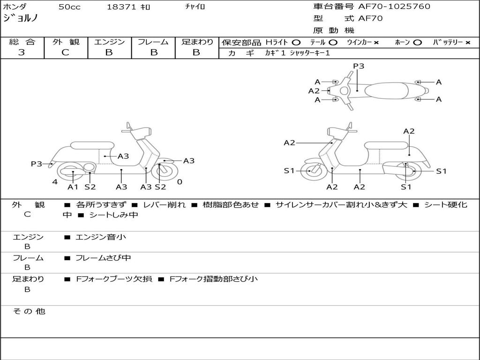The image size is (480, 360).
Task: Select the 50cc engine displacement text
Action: point(69,7)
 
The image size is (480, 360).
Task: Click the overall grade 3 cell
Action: point(22,52)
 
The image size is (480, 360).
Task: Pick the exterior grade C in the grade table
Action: point(65,52)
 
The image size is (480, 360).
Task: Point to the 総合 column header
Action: point(22,42)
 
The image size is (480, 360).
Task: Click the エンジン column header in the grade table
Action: point(109,42)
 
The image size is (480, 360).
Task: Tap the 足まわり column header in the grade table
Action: point(197,42)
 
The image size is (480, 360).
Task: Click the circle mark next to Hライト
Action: point(296,43)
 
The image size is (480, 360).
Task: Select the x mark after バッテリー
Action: point(468,43)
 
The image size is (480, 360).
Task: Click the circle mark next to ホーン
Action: point(417,43)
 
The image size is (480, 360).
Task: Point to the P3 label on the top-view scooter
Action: point(359,66)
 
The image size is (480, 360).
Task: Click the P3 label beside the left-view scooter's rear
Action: point(37,164)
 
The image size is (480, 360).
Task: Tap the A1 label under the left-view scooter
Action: point(73,187)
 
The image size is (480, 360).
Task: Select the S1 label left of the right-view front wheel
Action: point(289,171)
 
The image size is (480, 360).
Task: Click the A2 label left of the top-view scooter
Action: point(314,91)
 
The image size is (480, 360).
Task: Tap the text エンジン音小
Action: point(101,237)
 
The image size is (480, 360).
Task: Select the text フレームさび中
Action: point(103,258)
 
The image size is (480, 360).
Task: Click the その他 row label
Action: point(29,311)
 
